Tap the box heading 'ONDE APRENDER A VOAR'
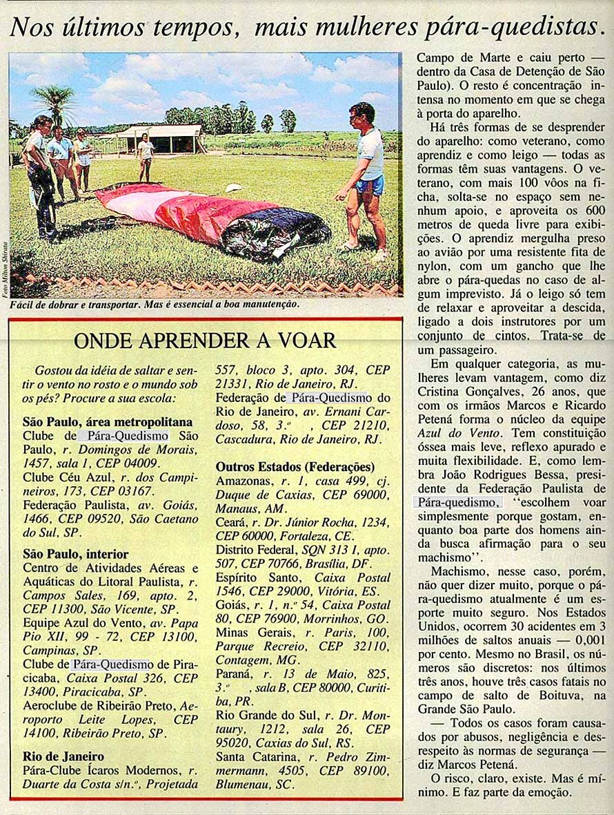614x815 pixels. pos(205,341)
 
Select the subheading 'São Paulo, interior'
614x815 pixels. pos(76,554)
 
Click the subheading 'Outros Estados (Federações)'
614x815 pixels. pos(295,466)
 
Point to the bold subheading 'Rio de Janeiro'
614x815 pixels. pos(63,756)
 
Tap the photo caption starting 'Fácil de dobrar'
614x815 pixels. pos(155,304)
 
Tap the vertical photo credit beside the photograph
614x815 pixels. pos(5,269)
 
